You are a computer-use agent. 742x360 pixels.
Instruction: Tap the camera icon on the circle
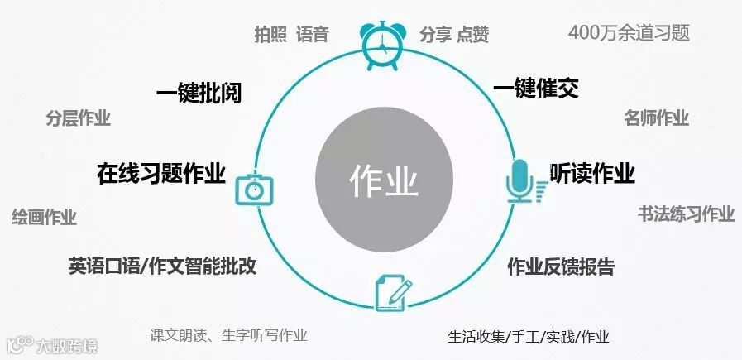coord(254,187)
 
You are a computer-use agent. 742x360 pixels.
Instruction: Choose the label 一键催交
coord(535,89)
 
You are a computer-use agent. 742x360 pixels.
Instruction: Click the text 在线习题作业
coord(161,174)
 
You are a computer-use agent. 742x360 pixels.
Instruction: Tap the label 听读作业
coord(592,173)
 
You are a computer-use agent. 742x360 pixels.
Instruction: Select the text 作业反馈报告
coord(560,266)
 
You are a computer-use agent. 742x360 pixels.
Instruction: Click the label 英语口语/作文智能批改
coord(162,266)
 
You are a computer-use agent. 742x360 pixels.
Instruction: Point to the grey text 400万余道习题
coord(629,33)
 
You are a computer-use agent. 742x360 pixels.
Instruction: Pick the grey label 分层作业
coord(78,118)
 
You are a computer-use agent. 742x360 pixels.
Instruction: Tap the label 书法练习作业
coord(686,214)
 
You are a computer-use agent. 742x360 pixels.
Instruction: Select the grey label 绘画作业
coord(44,218)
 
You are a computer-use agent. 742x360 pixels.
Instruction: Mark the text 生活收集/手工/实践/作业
coord(529,337)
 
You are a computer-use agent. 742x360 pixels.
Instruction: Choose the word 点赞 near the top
coord(472,35)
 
